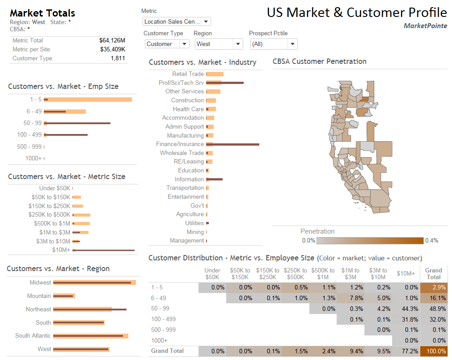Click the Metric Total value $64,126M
point(112,40)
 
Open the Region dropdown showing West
point(219,44)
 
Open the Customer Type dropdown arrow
point(184,44)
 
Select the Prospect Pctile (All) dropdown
point(273,44)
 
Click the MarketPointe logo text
point(425,26)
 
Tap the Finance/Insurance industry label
point(180,144)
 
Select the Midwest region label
point(40,283)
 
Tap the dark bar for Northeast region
point(89,309)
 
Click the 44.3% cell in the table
point(406,309)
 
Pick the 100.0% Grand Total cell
point(434,351)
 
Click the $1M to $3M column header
point(351,273)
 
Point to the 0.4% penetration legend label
point(432,240)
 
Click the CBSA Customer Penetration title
point(319,62)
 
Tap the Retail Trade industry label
point(188,74)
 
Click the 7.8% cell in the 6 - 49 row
point(351,298)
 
